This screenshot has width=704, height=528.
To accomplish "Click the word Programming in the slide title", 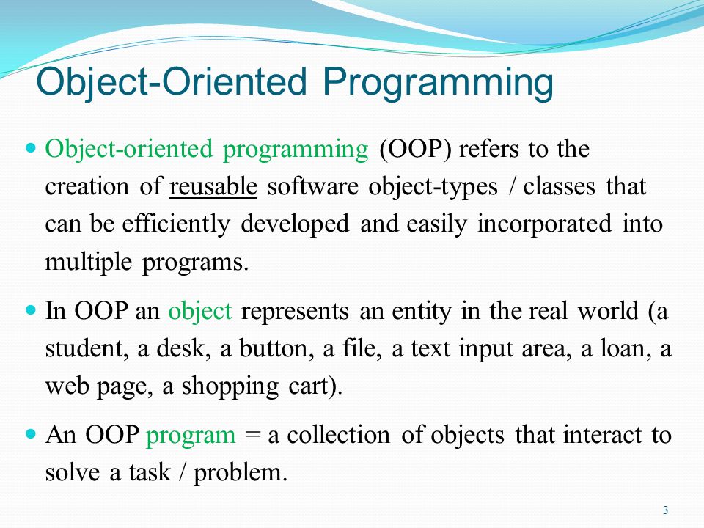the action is (438, 83).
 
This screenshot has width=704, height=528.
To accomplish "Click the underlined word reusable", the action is (213, 186).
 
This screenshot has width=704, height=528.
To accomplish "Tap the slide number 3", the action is (665, 510).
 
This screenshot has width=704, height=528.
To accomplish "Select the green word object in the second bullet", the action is (200, 311).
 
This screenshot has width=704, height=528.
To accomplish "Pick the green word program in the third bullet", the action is (191, 436).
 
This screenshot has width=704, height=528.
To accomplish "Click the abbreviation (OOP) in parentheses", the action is (415, 149).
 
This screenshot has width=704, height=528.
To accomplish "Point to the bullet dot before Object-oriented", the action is (31, 147).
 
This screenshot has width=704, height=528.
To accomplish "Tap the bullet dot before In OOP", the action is (31, 309).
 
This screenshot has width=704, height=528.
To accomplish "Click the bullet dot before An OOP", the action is (31, 433).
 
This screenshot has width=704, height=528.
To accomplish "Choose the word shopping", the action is (230, 386).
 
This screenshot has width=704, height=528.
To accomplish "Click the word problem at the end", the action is (241, 473).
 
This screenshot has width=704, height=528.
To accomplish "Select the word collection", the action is (339, 435).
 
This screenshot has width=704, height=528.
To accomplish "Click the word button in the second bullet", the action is (277, 348).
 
